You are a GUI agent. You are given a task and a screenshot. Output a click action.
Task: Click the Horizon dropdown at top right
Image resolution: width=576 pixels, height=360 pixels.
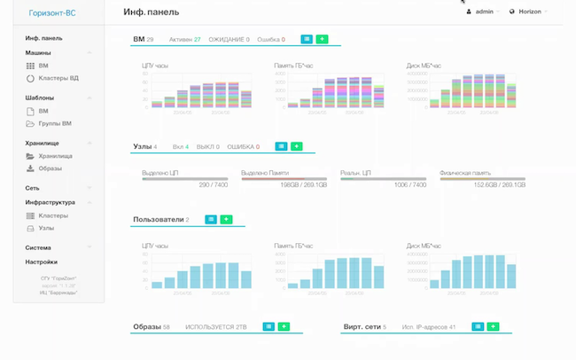pos(528,12)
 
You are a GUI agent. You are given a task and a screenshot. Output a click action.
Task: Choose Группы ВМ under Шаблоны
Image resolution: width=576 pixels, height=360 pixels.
pos(54,123)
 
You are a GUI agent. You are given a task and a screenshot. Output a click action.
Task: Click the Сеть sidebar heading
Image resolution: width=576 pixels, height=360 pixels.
pos(33,188)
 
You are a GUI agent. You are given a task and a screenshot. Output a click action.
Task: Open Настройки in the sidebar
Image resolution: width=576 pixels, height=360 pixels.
pos(42,262)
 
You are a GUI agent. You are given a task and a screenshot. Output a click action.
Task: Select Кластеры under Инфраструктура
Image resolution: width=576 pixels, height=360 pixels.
pos(53,215)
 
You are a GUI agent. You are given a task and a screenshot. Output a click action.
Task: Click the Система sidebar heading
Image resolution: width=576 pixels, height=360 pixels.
pos(38,247)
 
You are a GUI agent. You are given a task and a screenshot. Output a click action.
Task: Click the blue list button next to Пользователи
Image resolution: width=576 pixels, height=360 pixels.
pos(211,219)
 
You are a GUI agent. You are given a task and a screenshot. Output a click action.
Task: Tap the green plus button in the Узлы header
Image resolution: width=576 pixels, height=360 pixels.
pos(297,146)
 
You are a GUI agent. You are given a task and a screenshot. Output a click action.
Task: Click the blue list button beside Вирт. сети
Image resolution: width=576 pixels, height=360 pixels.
pos(478,327)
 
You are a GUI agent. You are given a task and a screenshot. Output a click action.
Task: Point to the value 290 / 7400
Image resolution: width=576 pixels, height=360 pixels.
pos(214,184)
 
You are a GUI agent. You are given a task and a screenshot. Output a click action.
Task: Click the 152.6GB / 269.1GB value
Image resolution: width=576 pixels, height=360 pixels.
pos(497,184)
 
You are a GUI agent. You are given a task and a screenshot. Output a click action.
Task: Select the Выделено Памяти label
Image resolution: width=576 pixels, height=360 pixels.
pos(265,173)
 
